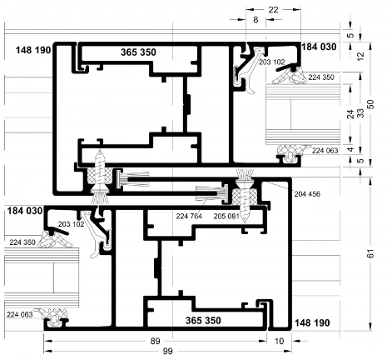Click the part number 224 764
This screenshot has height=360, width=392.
coord(189,216)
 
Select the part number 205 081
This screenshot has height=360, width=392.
coord(226,216)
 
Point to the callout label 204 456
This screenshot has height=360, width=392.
coord(307,194)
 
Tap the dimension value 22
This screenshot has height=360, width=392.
coord(273,10)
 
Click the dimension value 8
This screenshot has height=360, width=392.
coord(256,20)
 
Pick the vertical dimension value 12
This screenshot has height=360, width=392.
coord(360,57)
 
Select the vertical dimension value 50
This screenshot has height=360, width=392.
coord(370,104)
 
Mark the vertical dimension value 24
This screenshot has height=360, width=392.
coord(350,114)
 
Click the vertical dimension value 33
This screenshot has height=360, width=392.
coord(360,113)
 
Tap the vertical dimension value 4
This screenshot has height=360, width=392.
coord(351,150)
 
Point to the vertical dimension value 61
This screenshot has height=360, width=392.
coord(370,253)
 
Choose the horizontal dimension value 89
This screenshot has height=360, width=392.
coord(155,341)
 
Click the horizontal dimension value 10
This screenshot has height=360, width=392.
coord(279,341)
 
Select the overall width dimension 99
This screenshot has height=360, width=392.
coord(167,352)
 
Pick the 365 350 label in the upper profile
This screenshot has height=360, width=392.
coord(138,52)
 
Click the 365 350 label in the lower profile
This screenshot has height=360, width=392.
coord(203,320)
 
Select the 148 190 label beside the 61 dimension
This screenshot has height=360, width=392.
coord(312,322)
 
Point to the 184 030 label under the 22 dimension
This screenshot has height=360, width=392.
coord(319,47)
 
